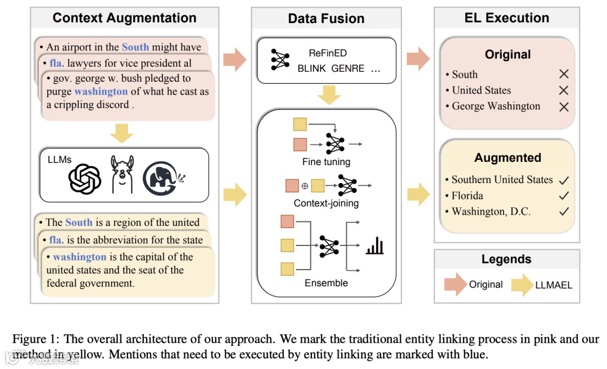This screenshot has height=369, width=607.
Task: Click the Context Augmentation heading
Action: pos(124,18)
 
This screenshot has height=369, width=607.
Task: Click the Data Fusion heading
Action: pos(326,19)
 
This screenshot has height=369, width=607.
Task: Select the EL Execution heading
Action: pos(506,18)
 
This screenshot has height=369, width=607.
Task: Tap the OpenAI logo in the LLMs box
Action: pos(84,179)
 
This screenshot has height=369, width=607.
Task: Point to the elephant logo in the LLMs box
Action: pos(162,178)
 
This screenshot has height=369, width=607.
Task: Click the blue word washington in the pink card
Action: pos(101,91)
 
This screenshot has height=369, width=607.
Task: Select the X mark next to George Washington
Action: pos(564,106)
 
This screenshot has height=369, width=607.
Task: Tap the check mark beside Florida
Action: pos(564,196)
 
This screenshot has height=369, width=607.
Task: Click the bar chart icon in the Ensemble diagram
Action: pos(374,245)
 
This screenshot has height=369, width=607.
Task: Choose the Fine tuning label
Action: pos(326,162)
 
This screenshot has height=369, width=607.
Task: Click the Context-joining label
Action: pos(326,203)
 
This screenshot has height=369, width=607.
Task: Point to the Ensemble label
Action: pos(326,283)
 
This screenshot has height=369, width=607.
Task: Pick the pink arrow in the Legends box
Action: pos(455,284)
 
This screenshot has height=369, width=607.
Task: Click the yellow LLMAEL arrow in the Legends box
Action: pos(522,284)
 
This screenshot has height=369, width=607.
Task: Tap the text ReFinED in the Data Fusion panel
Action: pos(328,53)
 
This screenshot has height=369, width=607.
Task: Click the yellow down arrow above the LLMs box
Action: pos(121,133)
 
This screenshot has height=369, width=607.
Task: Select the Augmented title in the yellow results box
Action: pos(507,158)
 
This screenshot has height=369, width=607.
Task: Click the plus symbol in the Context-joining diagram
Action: pos(305,186)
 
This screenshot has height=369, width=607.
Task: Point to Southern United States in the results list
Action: pos(502,180)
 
